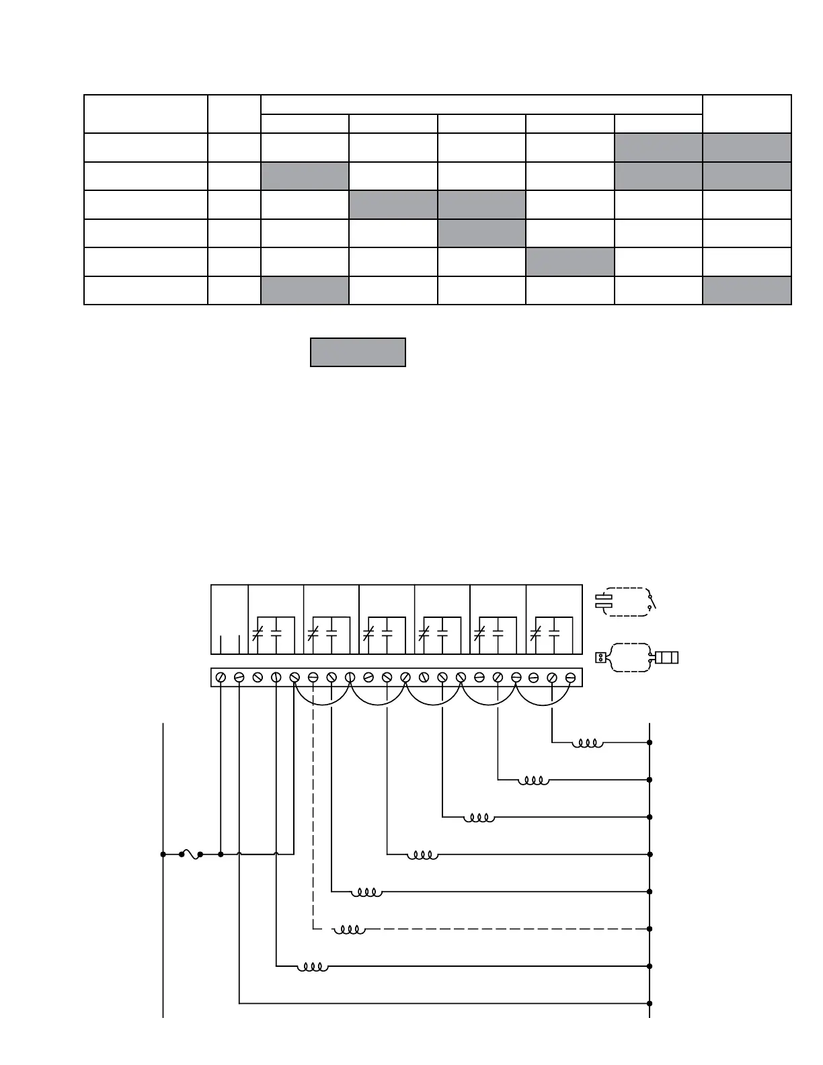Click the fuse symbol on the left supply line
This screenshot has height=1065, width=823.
coord(191,855)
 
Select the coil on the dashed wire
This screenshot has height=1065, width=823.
coord(350,929)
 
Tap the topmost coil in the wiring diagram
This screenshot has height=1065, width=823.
coord(587,743)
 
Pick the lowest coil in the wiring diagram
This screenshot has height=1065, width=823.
coord(313,967)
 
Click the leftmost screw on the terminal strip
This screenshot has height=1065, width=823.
coord(221,678)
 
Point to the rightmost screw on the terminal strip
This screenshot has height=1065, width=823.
coord(570,678)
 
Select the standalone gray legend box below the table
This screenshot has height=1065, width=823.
coord(358,352)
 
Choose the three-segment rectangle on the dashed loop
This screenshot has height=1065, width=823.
coord(666,657)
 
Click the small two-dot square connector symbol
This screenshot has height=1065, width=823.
coord(600,657)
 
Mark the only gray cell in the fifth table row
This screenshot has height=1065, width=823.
coord(570,262)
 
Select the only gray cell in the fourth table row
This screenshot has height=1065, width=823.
coord(481,233)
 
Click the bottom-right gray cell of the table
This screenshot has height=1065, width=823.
coord(747,290)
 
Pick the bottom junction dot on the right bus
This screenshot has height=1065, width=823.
coord(650,1004)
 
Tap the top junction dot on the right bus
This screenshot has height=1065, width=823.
coord(650,743)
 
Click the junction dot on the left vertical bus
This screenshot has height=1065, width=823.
coord(163,855)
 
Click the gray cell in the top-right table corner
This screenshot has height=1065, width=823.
coord(747,147)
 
